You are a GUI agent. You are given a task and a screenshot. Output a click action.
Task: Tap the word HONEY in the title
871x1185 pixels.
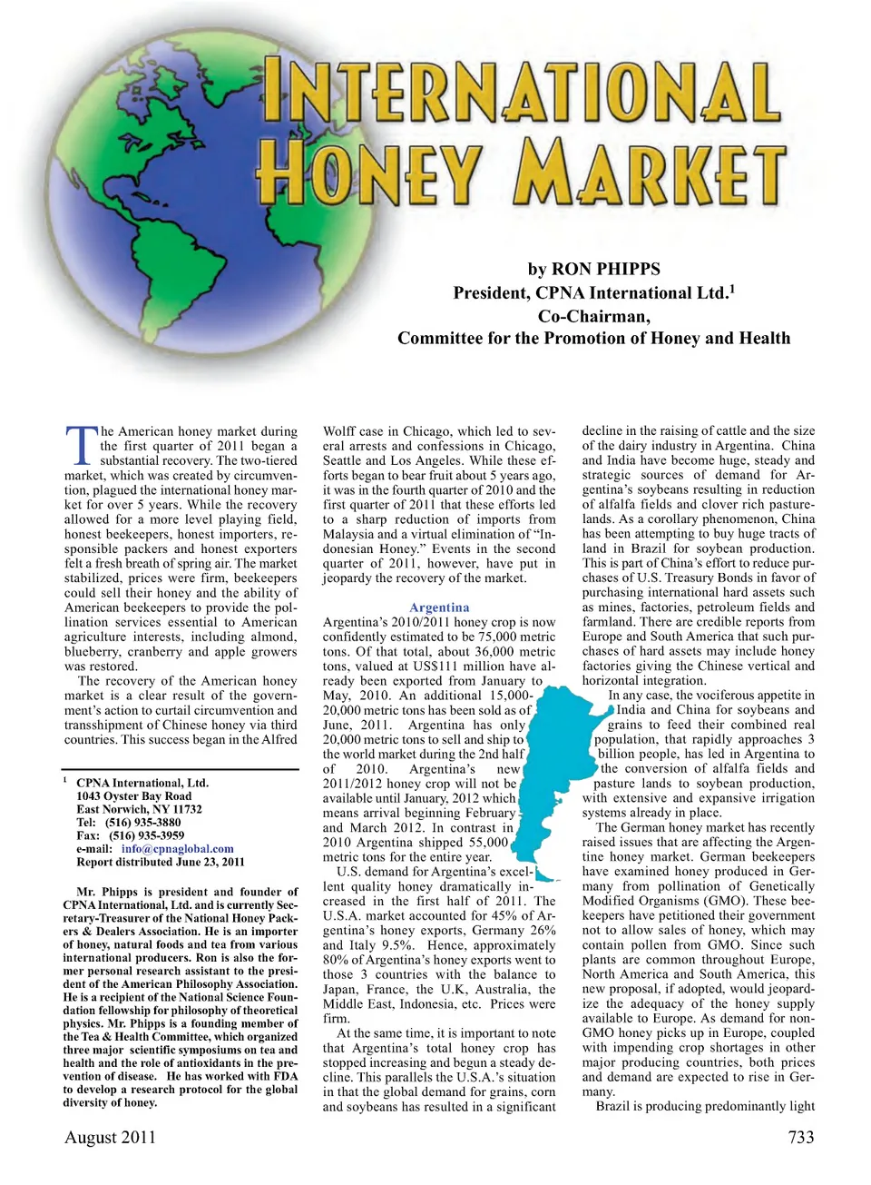click(367, 173)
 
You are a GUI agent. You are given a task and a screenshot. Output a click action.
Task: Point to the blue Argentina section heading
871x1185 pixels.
click(439, 607)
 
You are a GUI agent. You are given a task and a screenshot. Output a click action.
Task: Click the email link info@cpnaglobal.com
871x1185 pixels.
click(177, 849)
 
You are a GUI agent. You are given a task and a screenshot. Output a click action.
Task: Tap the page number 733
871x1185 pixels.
click(800, 1137)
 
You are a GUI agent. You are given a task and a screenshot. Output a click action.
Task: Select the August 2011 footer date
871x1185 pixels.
click(110, 1137)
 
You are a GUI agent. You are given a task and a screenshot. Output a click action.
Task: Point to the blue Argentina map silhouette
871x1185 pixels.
click(553, 772)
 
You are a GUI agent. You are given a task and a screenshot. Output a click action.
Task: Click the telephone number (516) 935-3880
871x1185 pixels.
click(142, 823)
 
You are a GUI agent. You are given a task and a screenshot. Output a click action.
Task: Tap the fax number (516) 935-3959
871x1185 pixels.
click(146, 835)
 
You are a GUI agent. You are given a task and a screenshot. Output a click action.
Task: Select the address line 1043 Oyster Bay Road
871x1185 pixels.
click(133, 796)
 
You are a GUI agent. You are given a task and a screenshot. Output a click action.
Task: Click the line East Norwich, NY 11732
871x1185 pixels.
click(139, 809)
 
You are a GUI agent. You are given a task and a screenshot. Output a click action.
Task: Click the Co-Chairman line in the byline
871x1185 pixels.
click(593, 316)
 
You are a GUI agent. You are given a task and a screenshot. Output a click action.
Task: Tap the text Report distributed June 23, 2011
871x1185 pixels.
click(160, 862)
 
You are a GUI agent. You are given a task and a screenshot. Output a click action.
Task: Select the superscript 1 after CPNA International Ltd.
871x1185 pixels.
click(731, 289)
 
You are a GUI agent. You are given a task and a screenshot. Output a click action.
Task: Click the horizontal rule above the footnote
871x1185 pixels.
click(181, 770)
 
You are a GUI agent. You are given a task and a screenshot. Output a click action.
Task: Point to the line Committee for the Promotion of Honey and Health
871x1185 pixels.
click(593, 339)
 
